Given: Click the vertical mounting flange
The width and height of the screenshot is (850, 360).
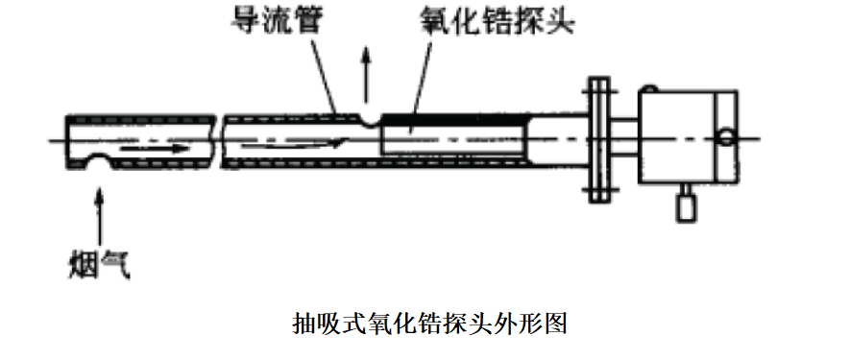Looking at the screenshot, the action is (597, 141).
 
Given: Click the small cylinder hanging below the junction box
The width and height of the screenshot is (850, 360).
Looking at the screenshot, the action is (687, 205).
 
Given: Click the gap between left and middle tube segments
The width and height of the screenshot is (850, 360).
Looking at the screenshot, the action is (217, 141).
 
